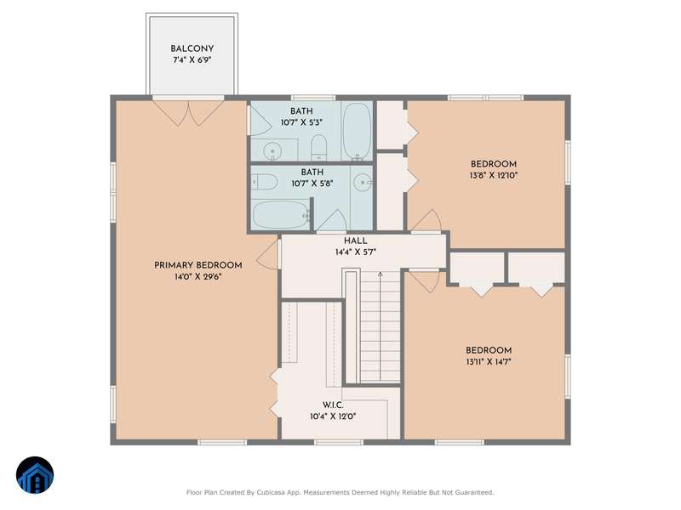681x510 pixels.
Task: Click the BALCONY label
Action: click(x=192, y=49)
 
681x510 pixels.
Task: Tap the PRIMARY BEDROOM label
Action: click(x=198, y=265)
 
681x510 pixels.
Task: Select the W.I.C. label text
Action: click(x=333, y=405)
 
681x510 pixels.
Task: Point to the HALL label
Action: click(x=355, y=241)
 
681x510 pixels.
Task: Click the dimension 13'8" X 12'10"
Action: click(x=494, y=176)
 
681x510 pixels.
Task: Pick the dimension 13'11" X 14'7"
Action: click(x=489, y=362)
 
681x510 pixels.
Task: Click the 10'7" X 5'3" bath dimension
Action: click(x=301, y=122)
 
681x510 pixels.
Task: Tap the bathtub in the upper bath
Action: click(x=357, y=131)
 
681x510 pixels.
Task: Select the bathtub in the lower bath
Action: click(x=282, y=214)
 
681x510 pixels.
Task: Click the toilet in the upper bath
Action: click(x=319, y=147)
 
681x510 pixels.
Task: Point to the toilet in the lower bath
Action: click(x=265, y=182)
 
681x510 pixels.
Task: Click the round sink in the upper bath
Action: click(x=272, y=151)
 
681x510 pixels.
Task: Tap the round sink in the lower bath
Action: click(x=363, y=182)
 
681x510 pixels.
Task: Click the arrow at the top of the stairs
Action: click(x=381, y=275)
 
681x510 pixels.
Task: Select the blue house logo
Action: click(x=35, y=475)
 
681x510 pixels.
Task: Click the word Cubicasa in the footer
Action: click(x=272, y=493)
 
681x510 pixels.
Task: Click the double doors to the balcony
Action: click(x=188, y=112)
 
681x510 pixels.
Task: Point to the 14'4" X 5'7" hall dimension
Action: click(x=355, y=252)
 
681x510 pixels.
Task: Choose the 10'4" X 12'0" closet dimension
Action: click(x=333, y=417)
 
